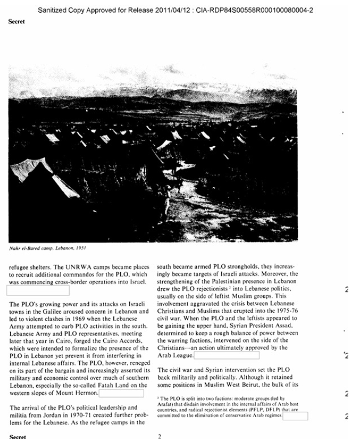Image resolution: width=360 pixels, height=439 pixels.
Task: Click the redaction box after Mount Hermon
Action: point(122,394)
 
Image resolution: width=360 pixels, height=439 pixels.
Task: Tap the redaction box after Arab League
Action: point(227,355)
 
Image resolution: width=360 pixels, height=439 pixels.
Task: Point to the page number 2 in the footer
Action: point(160,436)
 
